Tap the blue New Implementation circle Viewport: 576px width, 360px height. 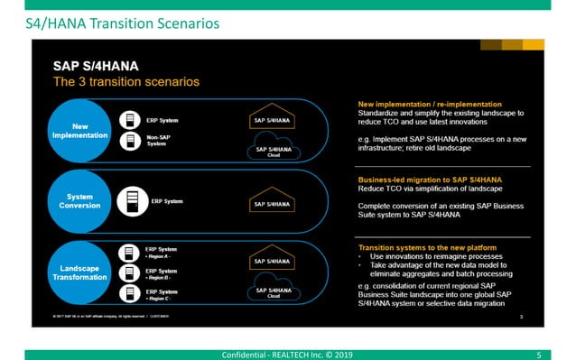click(x=79, y=130)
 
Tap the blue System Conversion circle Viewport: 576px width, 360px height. click(x=79, y=201)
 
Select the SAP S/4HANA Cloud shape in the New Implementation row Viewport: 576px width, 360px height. click(x=273, y=151)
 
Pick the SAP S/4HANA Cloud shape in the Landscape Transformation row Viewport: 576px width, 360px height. click(x=273, y=291)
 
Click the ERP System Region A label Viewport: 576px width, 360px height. click(x=161, y=251)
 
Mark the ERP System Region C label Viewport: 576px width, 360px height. click(x=161, y=294)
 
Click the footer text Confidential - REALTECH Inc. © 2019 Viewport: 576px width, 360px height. click(x=287, y=354)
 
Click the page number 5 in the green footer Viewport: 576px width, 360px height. click(x=538, y=354)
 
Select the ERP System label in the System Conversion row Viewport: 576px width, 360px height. click(x=168, y=201)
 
